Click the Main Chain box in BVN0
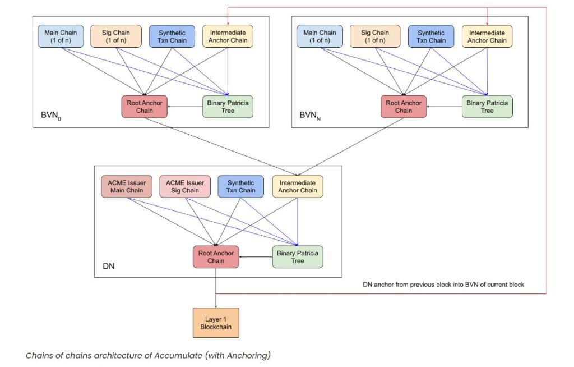tap(61, 36)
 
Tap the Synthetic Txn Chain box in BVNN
tap(431, 36)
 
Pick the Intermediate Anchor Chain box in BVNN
tap(487, 36)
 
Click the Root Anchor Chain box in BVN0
tap(144, 106)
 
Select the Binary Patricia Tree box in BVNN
tap(487, 106)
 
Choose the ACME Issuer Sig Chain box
tap(184, 186)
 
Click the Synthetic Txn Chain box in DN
tap(240, 186)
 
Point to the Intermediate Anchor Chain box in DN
tap(298, 186)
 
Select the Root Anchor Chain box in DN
tap(216, 256)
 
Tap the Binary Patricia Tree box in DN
tap(298, 256)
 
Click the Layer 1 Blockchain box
tap(216, 322)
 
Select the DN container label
tap(109, 266)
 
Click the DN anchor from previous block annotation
tap(443, 285)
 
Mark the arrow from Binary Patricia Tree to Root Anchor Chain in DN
tap(256, 257)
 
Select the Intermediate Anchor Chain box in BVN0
tap(228, 36)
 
